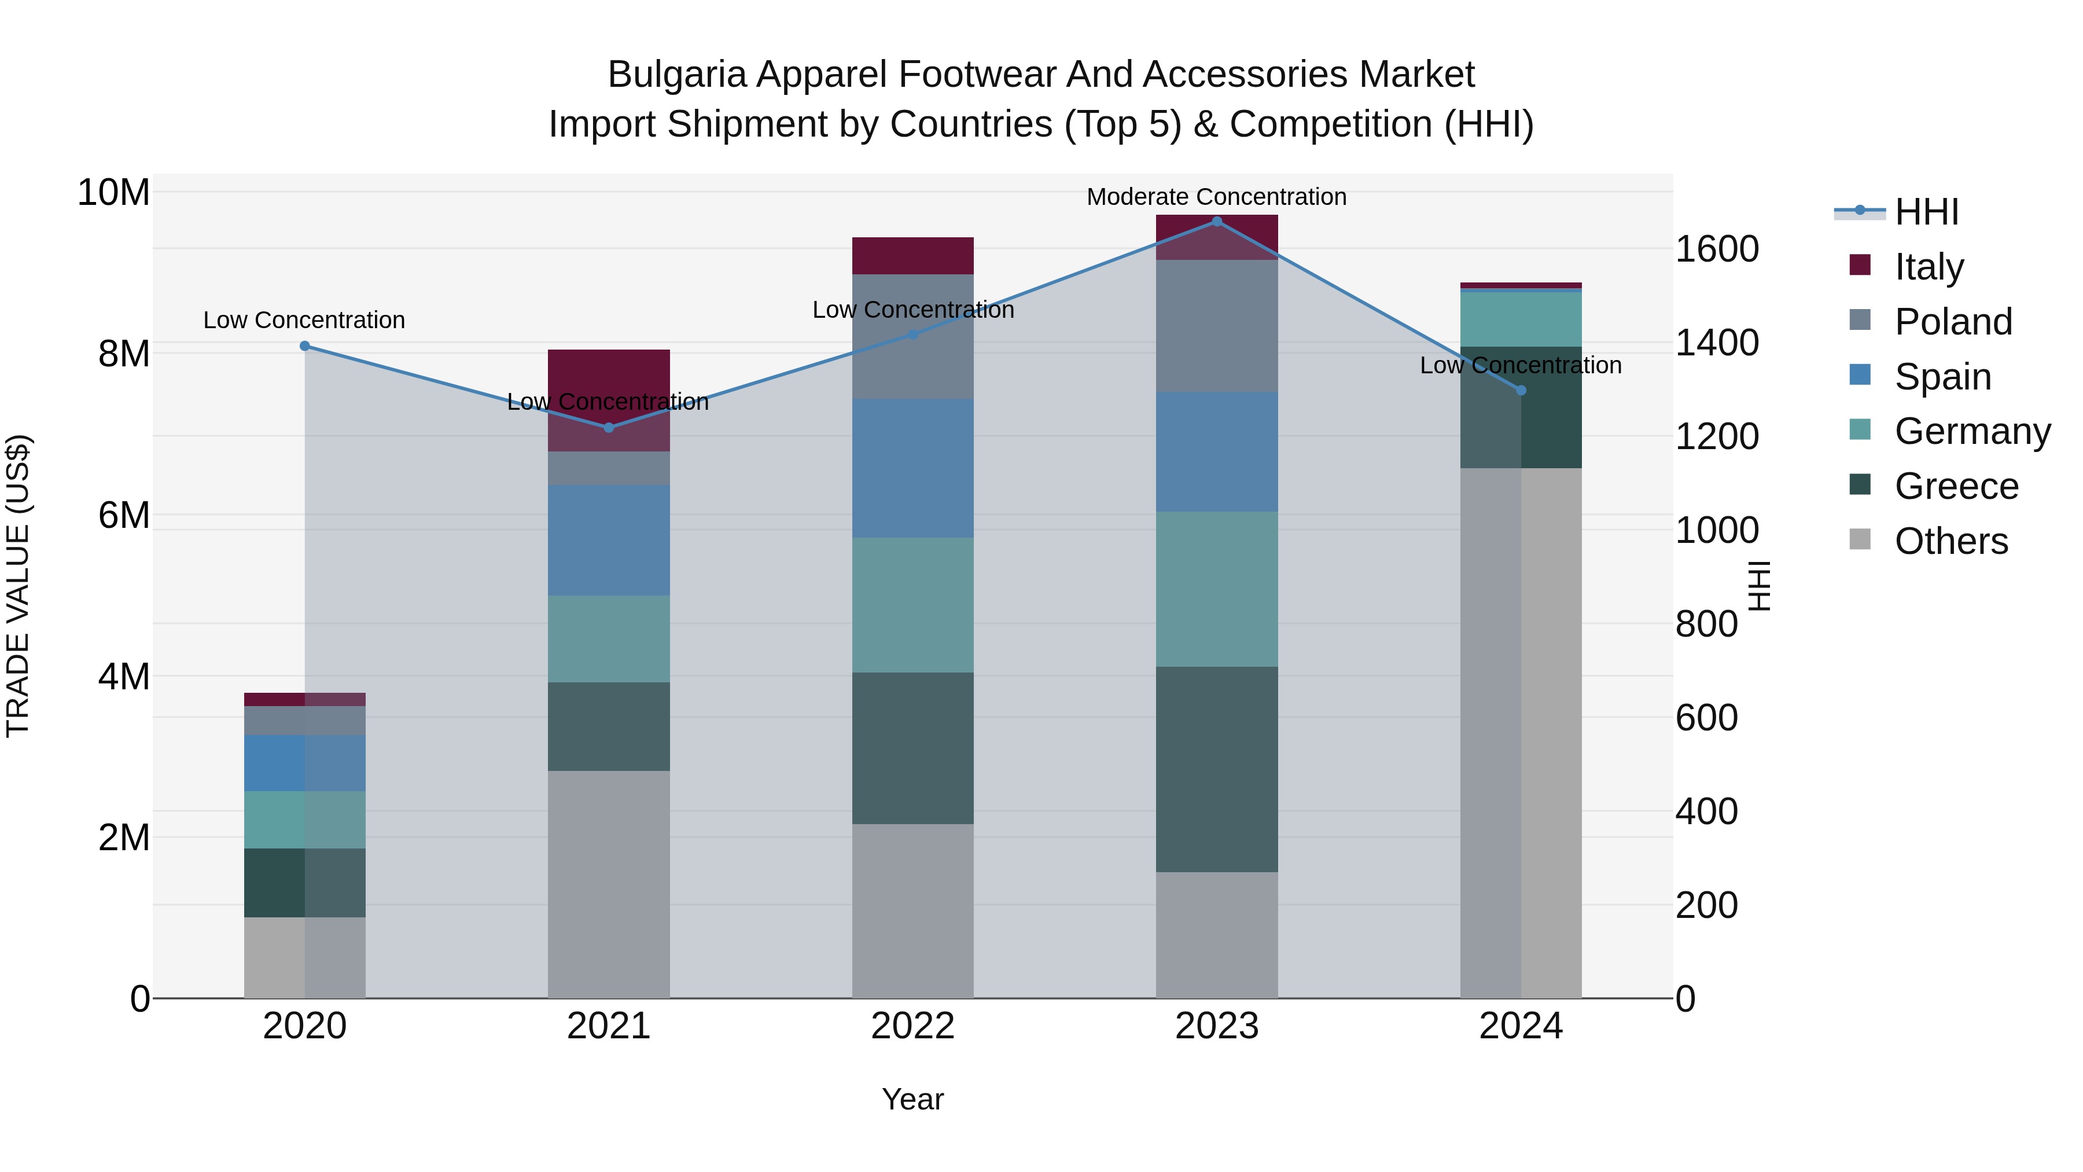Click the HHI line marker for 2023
coord(1216,222)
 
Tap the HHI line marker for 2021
coord(609,428)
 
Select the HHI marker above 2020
coord(305,346)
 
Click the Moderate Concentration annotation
coord(1216,197)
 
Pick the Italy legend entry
coord(1929,267)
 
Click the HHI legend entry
coord(1926,212)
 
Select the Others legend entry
coord(1950,541)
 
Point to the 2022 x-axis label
coord(913,1026)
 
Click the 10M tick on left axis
coord(113,193)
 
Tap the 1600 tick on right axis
coord(1716,249)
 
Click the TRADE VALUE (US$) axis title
coord(18,586)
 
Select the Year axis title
coord(913,1099)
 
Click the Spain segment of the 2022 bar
coord(913,468)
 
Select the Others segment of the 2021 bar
coord(609,883)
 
